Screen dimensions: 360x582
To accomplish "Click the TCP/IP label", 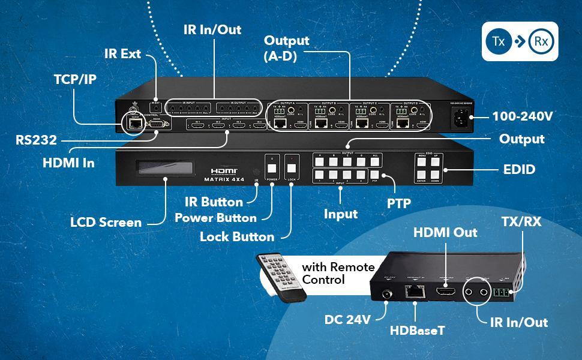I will (74, 79).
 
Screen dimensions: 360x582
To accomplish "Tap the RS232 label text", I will (37, 140).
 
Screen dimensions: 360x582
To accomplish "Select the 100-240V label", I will (522, 116).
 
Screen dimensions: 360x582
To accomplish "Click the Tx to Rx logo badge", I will (520, 41).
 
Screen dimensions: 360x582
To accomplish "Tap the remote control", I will (282, 275).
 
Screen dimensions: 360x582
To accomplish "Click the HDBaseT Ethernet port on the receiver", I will (413, 292).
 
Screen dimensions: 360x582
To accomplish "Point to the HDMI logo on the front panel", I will (224, 171).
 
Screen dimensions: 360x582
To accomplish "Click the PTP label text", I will (398, 203).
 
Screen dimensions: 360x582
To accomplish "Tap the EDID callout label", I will (519, 170).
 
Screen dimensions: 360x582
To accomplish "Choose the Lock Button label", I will (237, 236).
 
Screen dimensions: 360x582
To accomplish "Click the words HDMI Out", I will (445, 232).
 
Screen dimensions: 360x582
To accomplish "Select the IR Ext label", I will (122, 53).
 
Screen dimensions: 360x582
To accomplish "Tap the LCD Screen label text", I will (106, 222).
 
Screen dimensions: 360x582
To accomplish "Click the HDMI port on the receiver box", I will (445, 292).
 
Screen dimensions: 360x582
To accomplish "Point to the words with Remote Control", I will (338, 273).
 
